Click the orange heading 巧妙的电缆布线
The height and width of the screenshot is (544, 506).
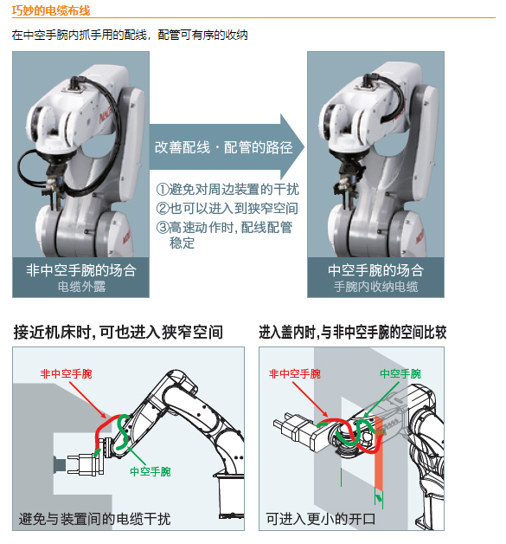[x=51, y=10]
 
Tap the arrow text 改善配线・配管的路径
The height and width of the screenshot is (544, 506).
[x=224, y=147]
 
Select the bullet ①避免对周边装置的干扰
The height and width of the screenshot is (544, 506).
[x=227, y=190]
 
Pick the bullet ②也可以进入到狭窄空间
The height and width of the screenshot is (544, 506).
[x=227, y=208]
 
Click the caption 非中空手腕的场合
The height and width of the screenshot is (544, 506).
[x=81, y=270]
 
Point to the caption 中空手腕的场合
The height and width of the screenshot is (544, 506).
[x=375, y=270]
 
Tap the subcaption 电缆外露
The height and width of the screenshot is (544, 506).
[x=81, y=287]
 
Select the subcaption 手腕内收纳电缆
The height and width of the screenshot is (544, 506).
[x=375, y=287]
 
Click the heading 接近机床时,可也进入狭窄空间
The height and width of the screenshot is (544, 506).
[x=118, y=332]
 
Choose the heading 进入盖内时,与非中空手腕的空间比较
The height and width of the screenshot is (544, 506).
[x=353, y=332]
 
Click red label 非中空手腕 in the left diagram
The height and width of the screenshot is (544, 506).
[x=66, y=373]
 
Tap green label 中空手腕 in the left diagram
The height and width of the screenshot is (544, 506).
[x=151, y=471]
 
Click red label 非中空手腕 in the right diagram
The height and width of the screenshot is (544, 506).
[x=295, y=373]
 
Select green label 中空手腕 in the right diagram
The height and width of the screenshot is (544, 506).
[x=400, y=373]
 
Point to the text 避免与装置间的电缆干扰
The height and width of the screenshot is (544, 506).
[x=94, y=519]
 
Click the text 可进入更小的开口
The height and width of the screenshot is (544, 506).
[x=321, y=519]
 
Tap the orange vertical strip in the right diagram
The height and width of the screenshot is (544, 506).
[x=379, y=455]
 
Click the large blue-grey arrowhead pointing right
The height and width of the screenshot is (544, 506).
[x=292, y=147]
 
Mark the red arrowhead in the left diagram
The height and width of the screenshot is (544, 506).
[x=103, y=415]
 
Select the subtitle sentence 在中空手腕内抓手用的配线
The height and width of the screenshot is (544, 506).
[x=80, y=35]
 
